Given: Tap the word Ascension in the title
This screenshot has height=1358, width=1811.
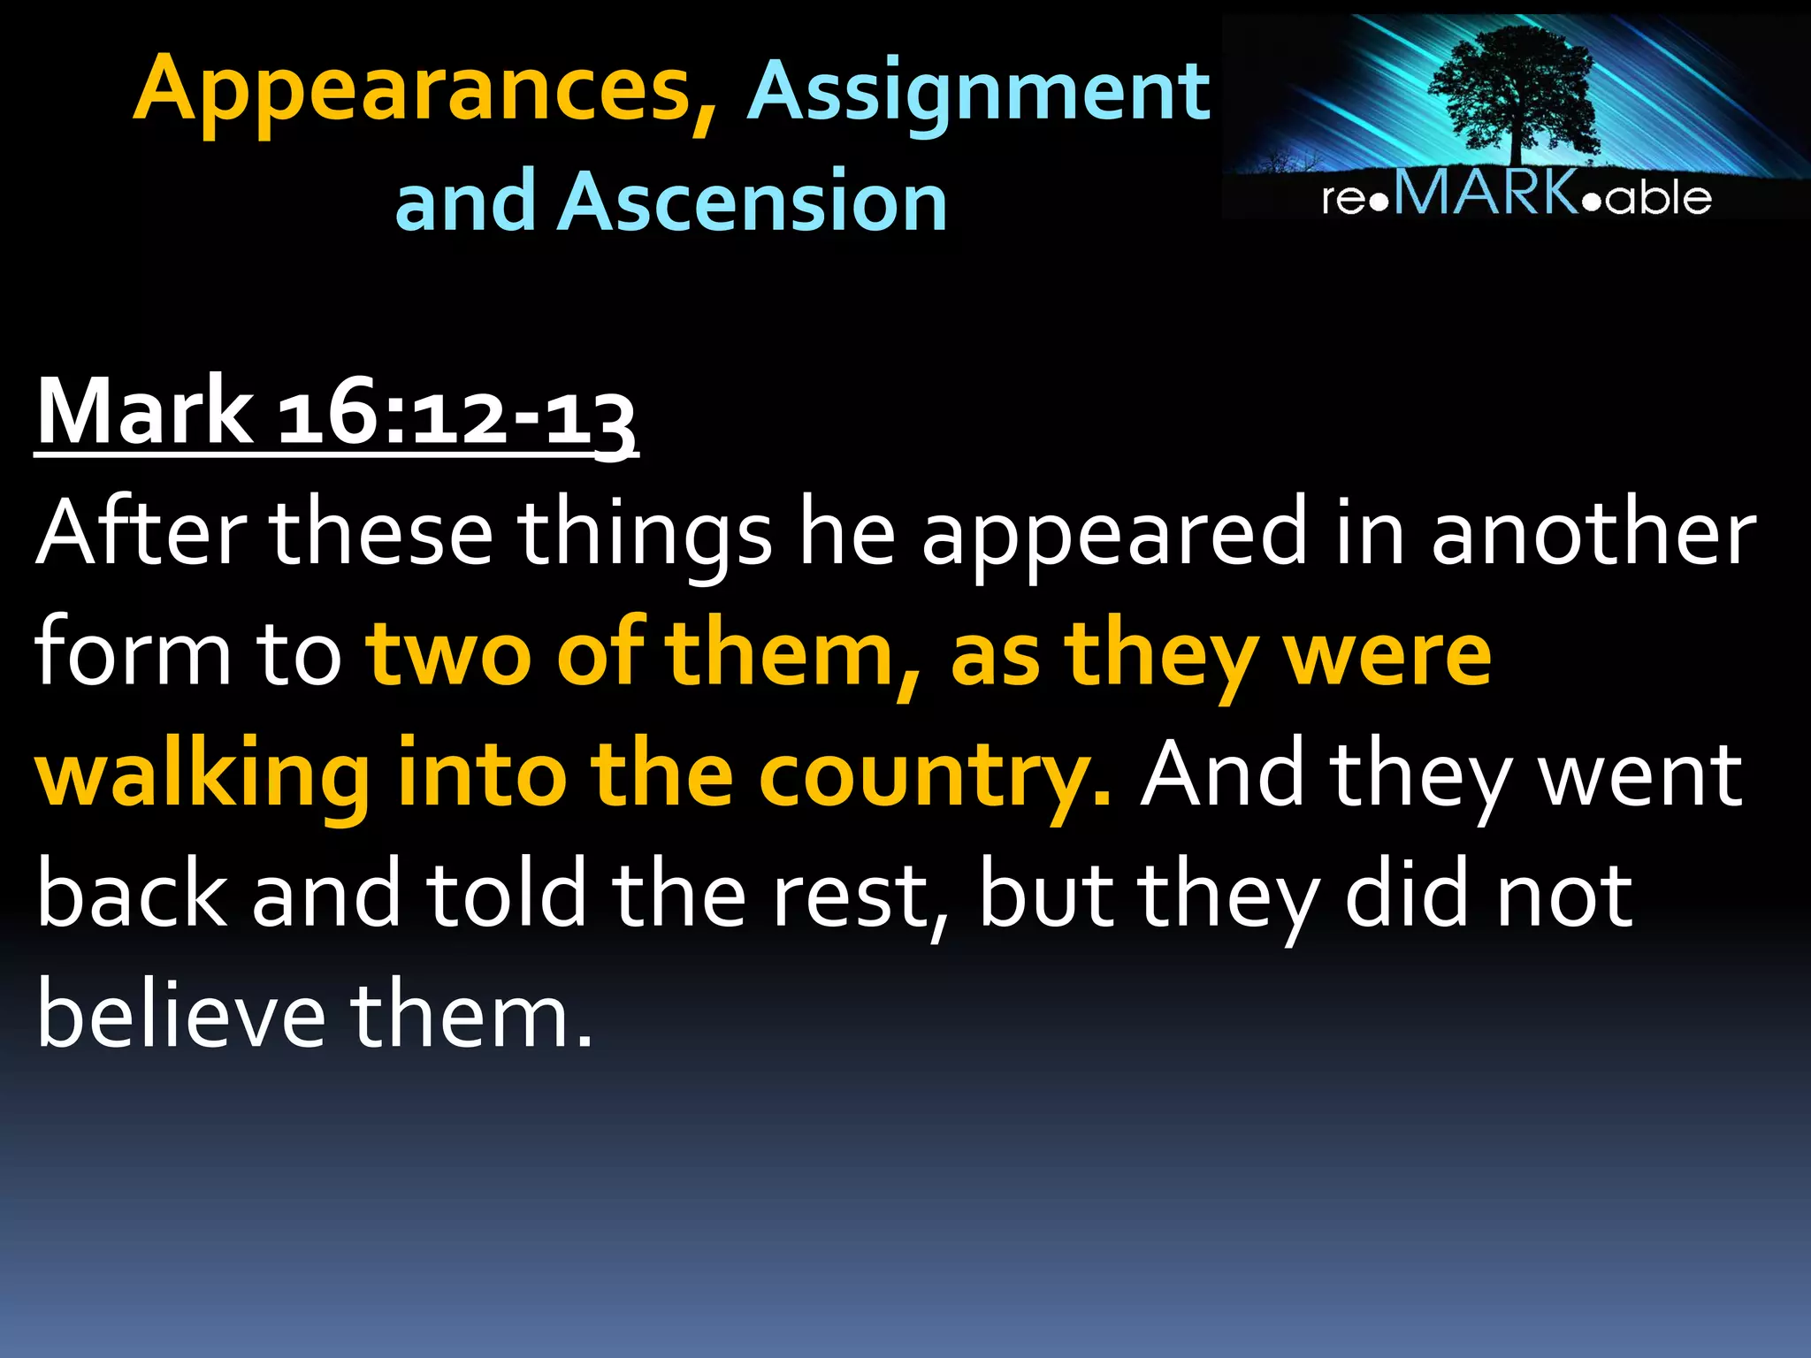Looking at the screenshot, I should tap(753, 202).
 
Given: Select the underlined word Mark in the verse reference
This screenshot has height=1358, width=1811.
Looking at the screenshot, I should tap(144, 412).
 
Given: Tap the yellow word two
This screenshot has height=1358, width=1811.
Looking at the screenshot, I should tap(450, 654).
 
